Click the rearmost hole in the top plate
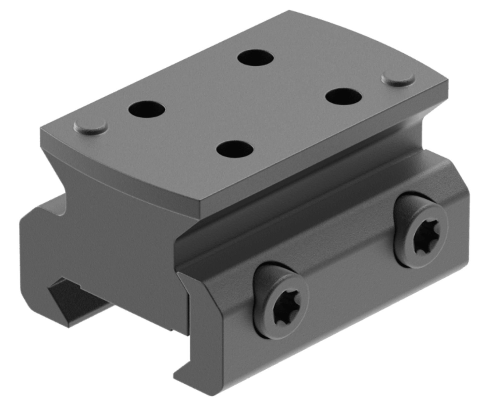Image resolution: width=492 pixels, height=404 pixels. tap(256, 58)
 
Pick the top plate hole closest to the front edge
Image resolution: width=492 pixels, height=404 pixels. tap(235, 149)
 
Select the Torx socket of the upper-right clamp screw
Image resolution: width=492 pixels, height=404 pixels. tap(427, 236)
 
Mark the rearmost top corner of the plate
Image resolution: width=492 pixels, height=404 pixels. tap(289, 11)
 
